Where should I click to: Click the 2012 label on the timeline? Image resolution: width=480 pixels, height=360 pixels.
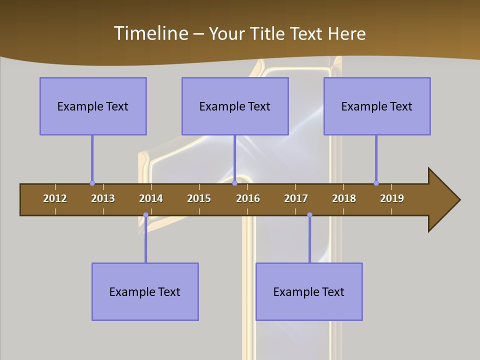coord(55,198)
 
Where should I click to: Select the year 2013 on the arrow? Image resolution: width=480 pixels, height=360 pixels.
coord(103,198)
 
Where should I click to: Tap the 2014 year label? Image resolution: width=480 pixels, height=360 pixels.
coord(151,198)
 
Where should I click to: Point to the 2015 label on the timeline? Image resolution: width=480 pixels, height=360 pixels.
coord(199,198)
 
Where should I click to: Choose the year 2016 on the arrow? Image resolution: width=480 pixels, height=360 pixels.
coord(248,198)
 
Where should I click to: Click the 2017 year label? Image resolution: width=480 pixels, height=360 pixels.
coord(296,198)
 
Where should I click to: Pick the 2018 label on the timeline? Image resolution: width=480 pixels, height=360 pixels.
coord(344,198)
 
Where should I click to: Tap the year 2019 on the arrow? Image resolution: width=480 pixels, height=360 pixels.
coord(392,198)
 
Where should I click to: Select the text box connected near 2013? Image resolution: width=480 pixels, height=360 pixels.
coord(93,106)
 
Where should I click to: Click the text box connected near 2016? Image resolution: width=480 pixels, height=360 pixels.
coord(235,106)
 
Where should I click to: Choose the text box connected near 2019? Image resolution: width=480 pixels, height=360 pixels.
coord(377,106)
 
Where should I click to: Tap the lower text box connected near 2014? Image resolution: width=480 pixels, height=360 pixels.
coord(145,291)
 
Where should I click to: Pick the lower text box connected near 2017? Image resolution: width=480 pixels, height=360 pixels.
coord(309,291)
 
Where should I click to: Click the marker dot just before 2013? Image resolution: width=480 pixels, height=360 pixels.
coord(92,183)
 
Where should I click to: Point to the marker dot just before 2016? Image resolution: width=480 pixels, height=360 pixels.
coord(234,183)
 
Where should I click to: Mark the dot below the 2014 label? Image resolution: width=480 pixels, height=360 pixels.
coord(145,215)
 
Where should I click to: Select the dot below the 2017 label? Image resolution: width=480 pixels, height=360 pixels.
coord(309,215)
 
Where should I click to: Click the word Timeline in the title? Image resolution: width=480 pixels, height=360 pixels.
coord(150,33)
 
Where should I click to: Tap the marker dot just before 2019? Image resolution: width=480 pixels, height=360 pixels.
coord(376,183)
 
